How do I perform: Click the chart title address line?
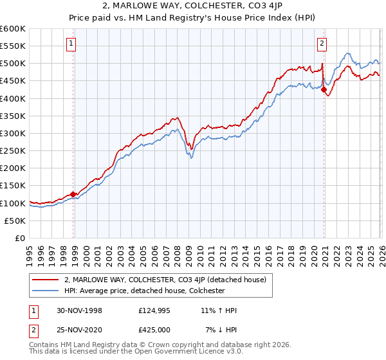tap(192, 7)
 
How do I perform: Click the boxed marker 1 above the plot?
tap(70, 44)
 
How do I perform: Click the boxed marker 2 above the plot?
tap(321, 44)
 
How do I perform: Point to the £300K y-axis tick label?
tap(13, 134)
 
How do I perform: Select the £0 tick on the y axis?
tap(19, 239)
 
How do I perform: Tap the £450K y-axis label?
tap(13, 81)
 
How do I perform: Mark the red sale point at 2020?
tap(324, 89)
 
